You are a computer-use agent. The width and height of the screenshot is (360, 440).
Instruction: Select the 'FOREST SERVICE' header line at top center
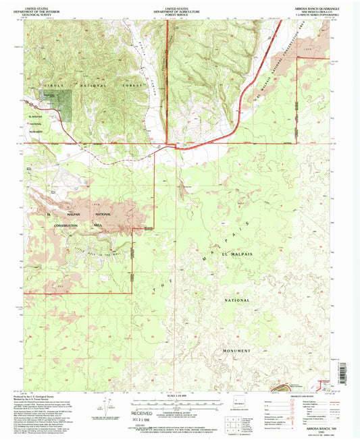180,11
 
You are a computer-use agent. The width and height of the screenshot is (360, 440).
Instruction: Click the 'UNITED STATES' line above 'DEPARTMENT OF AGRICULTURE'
180,5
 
